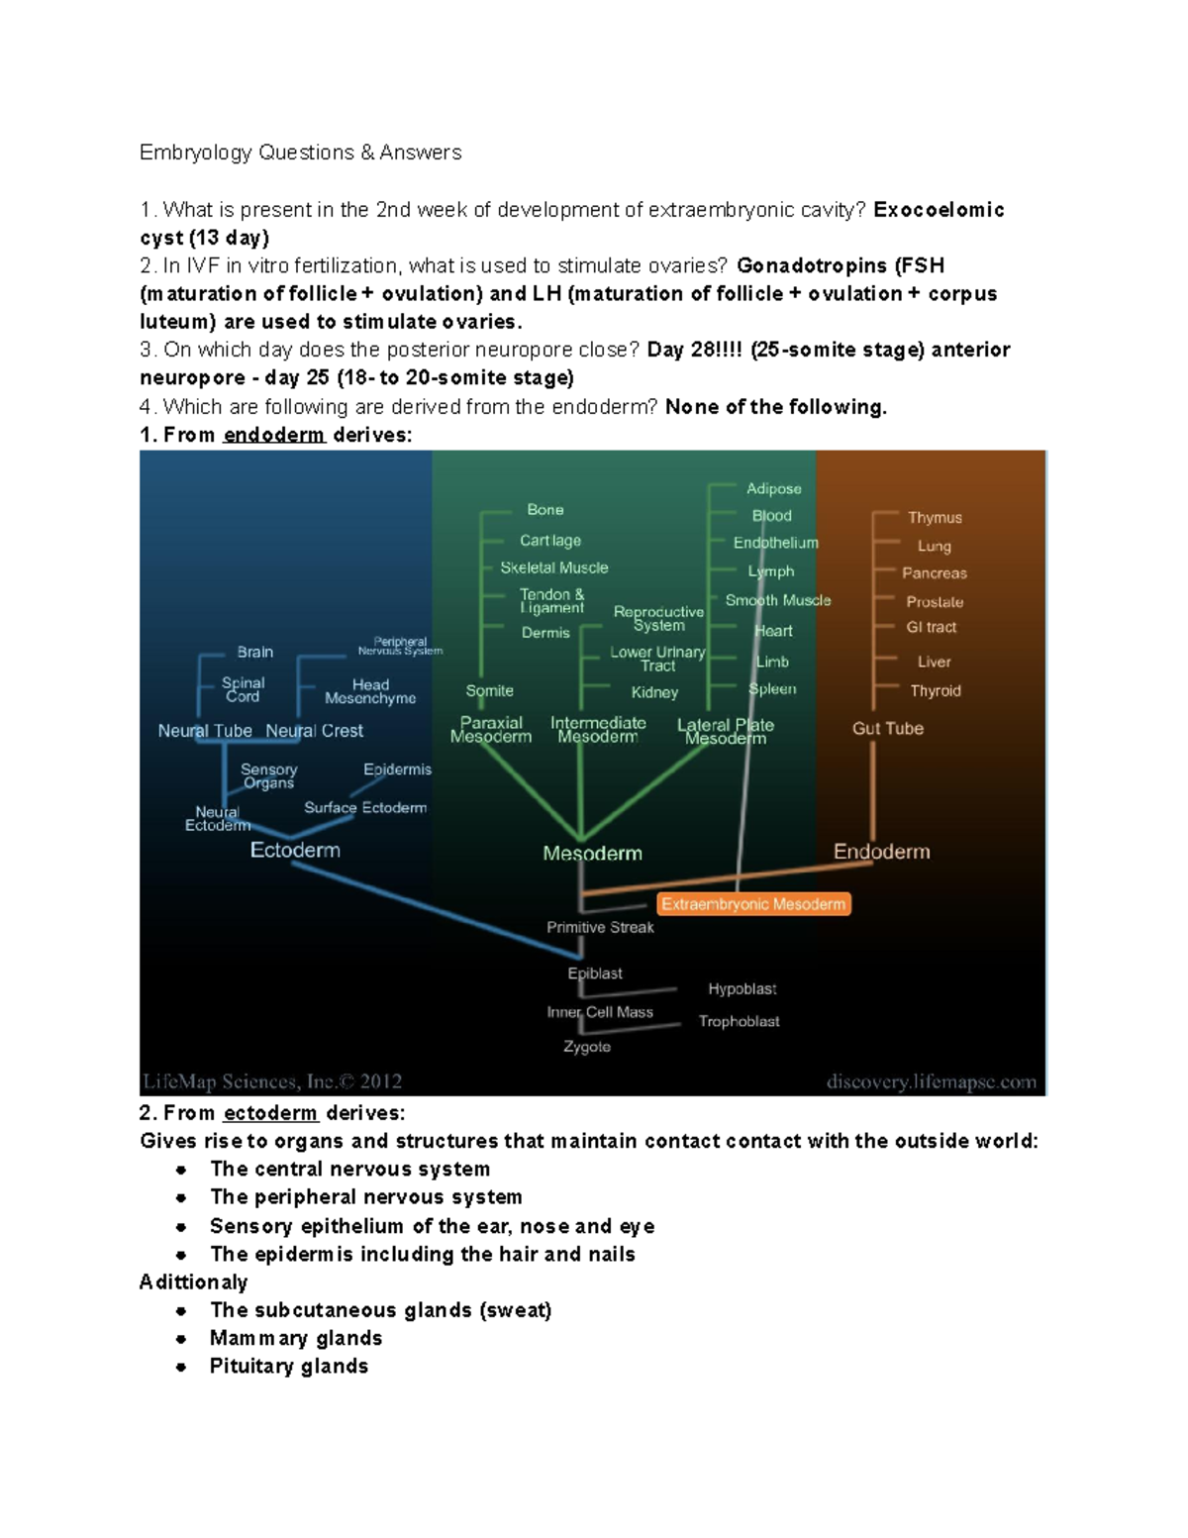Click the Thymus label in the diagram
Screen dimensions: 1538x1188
point(935,518)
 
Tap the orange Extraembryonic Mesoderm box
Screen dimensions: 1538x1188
point(753,904)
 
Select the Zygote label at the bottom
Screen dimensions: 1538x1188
point(587,1047)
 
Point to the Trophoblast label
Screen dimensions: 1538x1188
point(739,1021)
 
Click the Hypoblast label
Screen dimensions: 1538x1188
point(742,989)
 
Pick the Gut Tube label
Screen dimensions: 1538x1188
point(888,729)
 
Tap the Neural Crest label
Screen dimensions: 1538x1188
point(314,731)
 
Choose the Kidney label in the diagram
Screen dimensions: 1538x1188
point(654,692)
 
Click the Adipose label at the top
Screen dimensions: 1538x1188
point(774,489)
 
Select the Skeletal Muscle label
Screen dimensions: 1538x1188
point(554,568)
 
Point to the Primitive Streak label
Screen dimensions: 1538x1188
point(600,928)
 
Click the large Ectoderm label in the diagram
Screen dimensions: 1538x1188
point(295,851)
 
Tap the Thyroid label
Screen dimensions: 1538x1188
point(936,691)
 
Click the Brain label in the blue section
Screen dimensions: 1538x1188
point(255,653)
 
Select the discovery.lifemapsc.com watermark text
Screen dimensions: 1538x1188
point(932,1082)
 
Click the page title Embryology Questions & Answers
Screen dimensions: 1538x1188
point(300,153)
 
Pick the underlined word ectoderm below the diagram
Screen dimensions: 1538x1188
point(270,1113)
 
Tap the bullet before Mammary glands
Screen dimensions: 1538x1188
point(181,1339)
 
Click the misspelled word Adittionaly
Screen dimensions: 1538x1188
point(193,1282)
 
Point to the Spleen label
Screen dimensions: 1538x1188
point(772,689)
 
